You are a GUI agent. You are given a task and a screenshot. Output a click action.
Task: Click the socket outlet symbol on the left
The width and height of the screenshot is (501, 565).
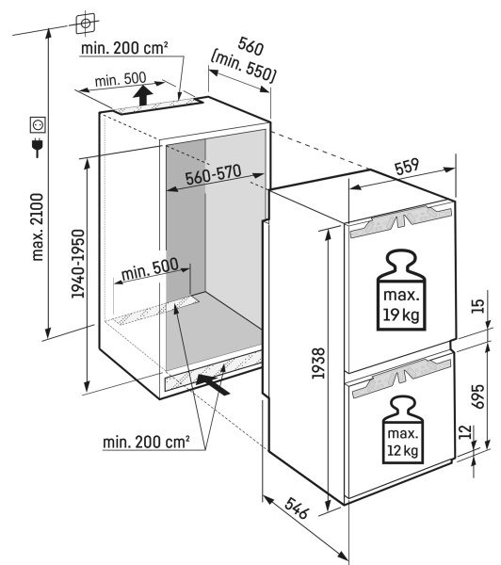point(39,123)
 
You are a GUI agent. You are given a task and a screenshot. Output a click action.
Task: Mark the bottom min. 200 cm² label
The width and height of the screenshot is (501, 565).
point(146,440)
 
